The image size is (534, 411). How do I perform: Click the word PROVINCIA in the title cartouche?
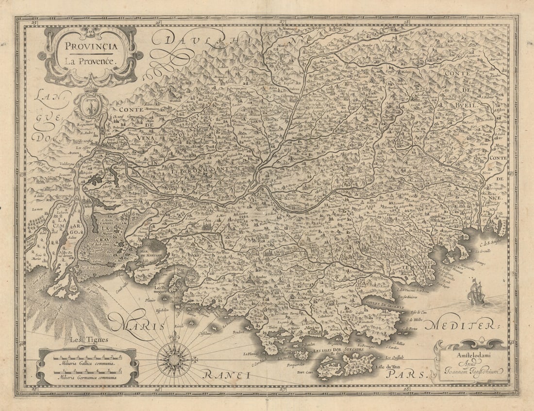pos(89,47)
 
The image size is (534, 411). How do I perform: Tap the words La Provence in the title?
pos(88,62)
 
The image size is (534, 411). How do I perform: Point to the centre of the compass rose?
pos(174,360)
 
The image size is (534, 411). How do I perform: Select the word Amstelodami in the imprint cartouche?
pos(471,355)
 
